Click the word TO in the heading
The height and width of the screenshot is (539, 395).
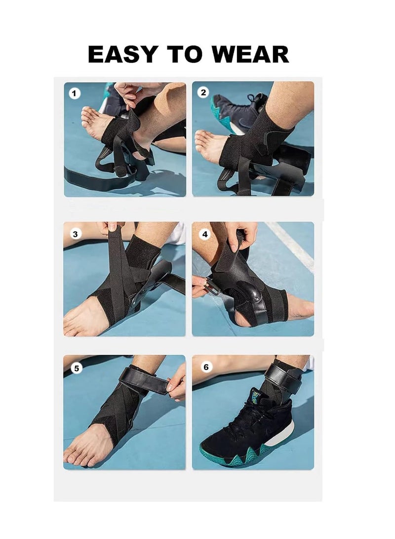coord(187,54)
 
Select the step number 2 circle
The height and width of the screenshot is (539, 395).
coord(203,92)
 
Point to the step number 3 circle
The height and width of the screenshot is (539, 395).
coord(75,234)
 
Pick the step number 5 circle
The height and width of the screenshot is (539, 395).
coord(75,367)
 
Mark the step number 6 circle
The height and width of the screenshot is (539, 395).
coord(205,367)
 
